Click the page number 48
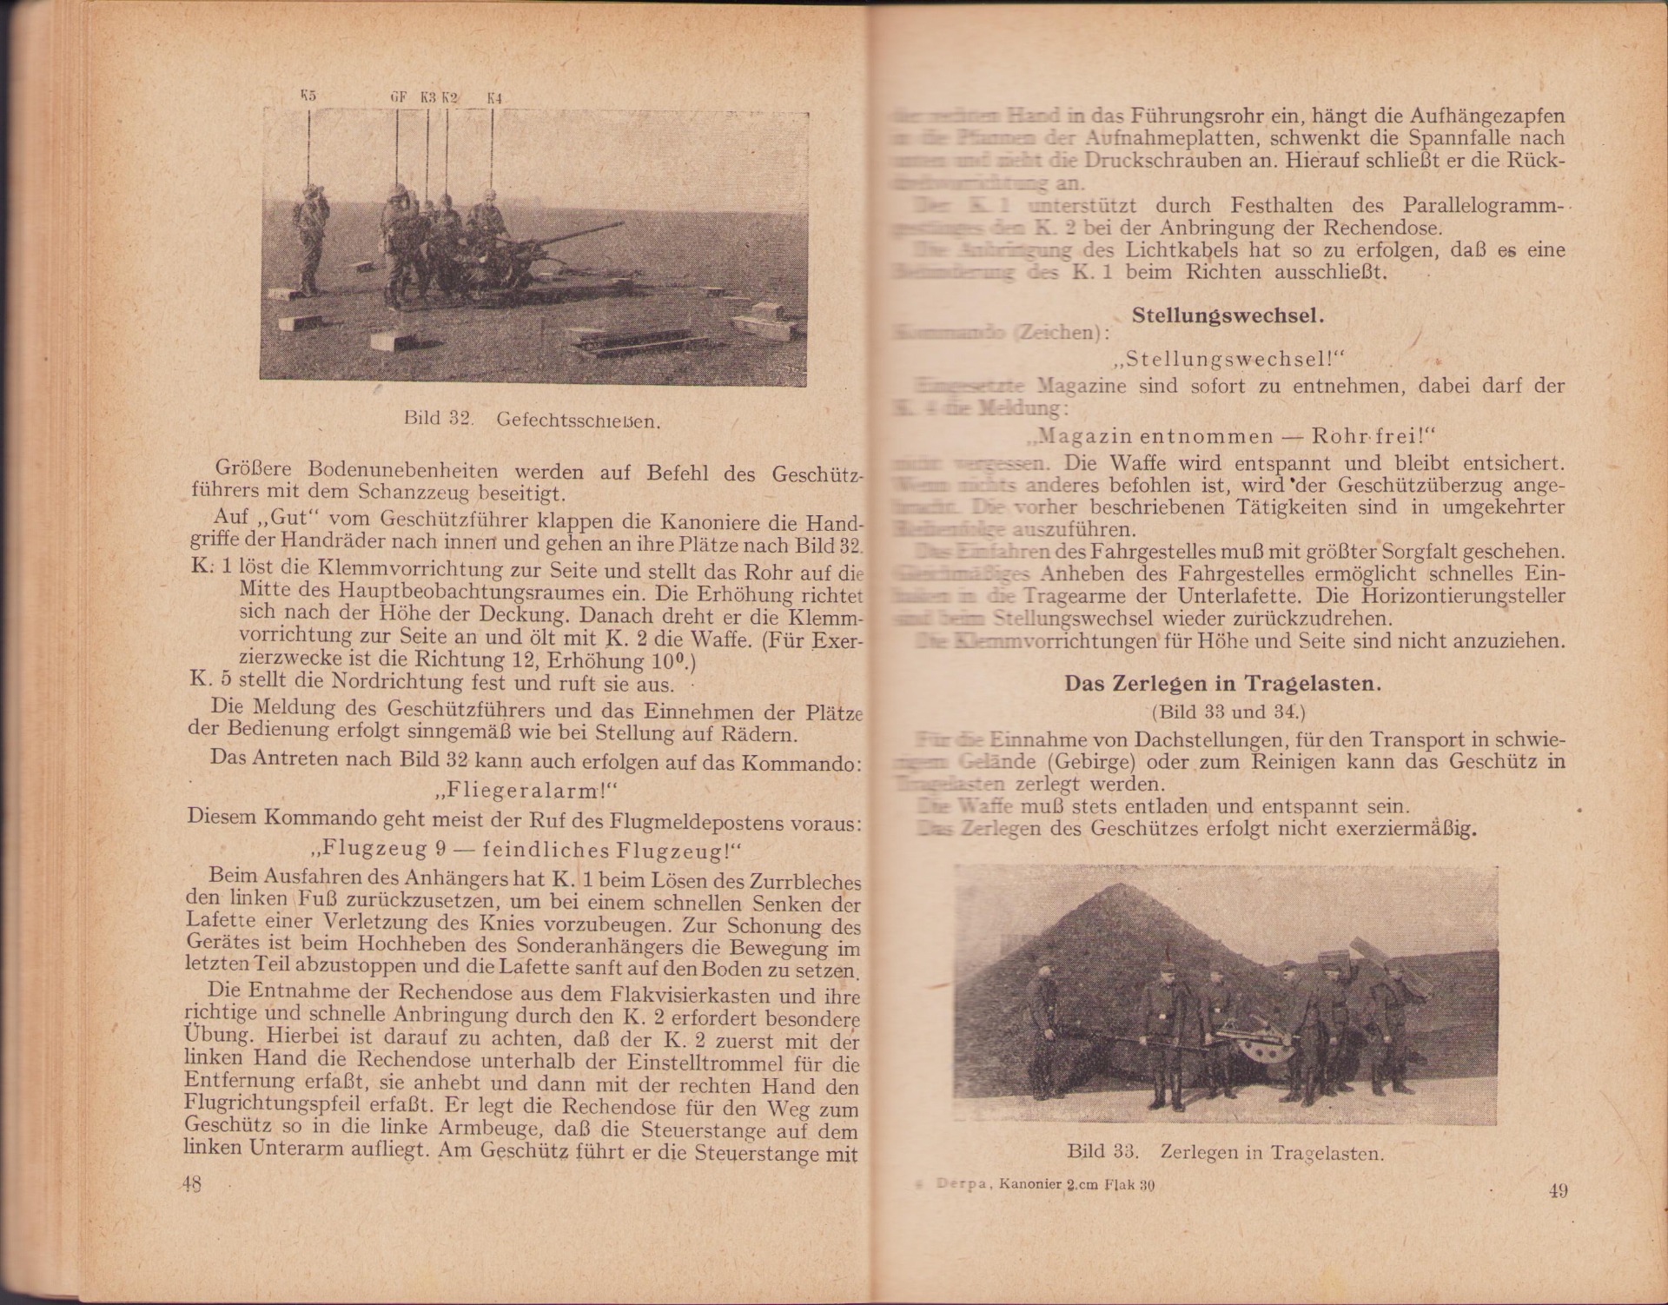191,1184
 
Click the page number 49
1558,1190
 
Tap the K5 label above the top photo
308,96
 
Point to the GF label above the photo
398,98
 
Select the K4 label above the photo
494,99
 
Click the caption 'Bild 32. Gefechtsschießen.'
533,420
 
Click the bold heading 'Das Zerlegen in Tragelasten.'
1222,684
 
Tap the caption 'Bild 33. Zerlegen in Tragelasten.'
1225,1153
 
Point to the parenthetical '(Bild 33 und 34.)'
1228,712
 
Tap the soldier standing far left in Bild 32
308,235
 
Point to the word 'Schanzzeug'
408,494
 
